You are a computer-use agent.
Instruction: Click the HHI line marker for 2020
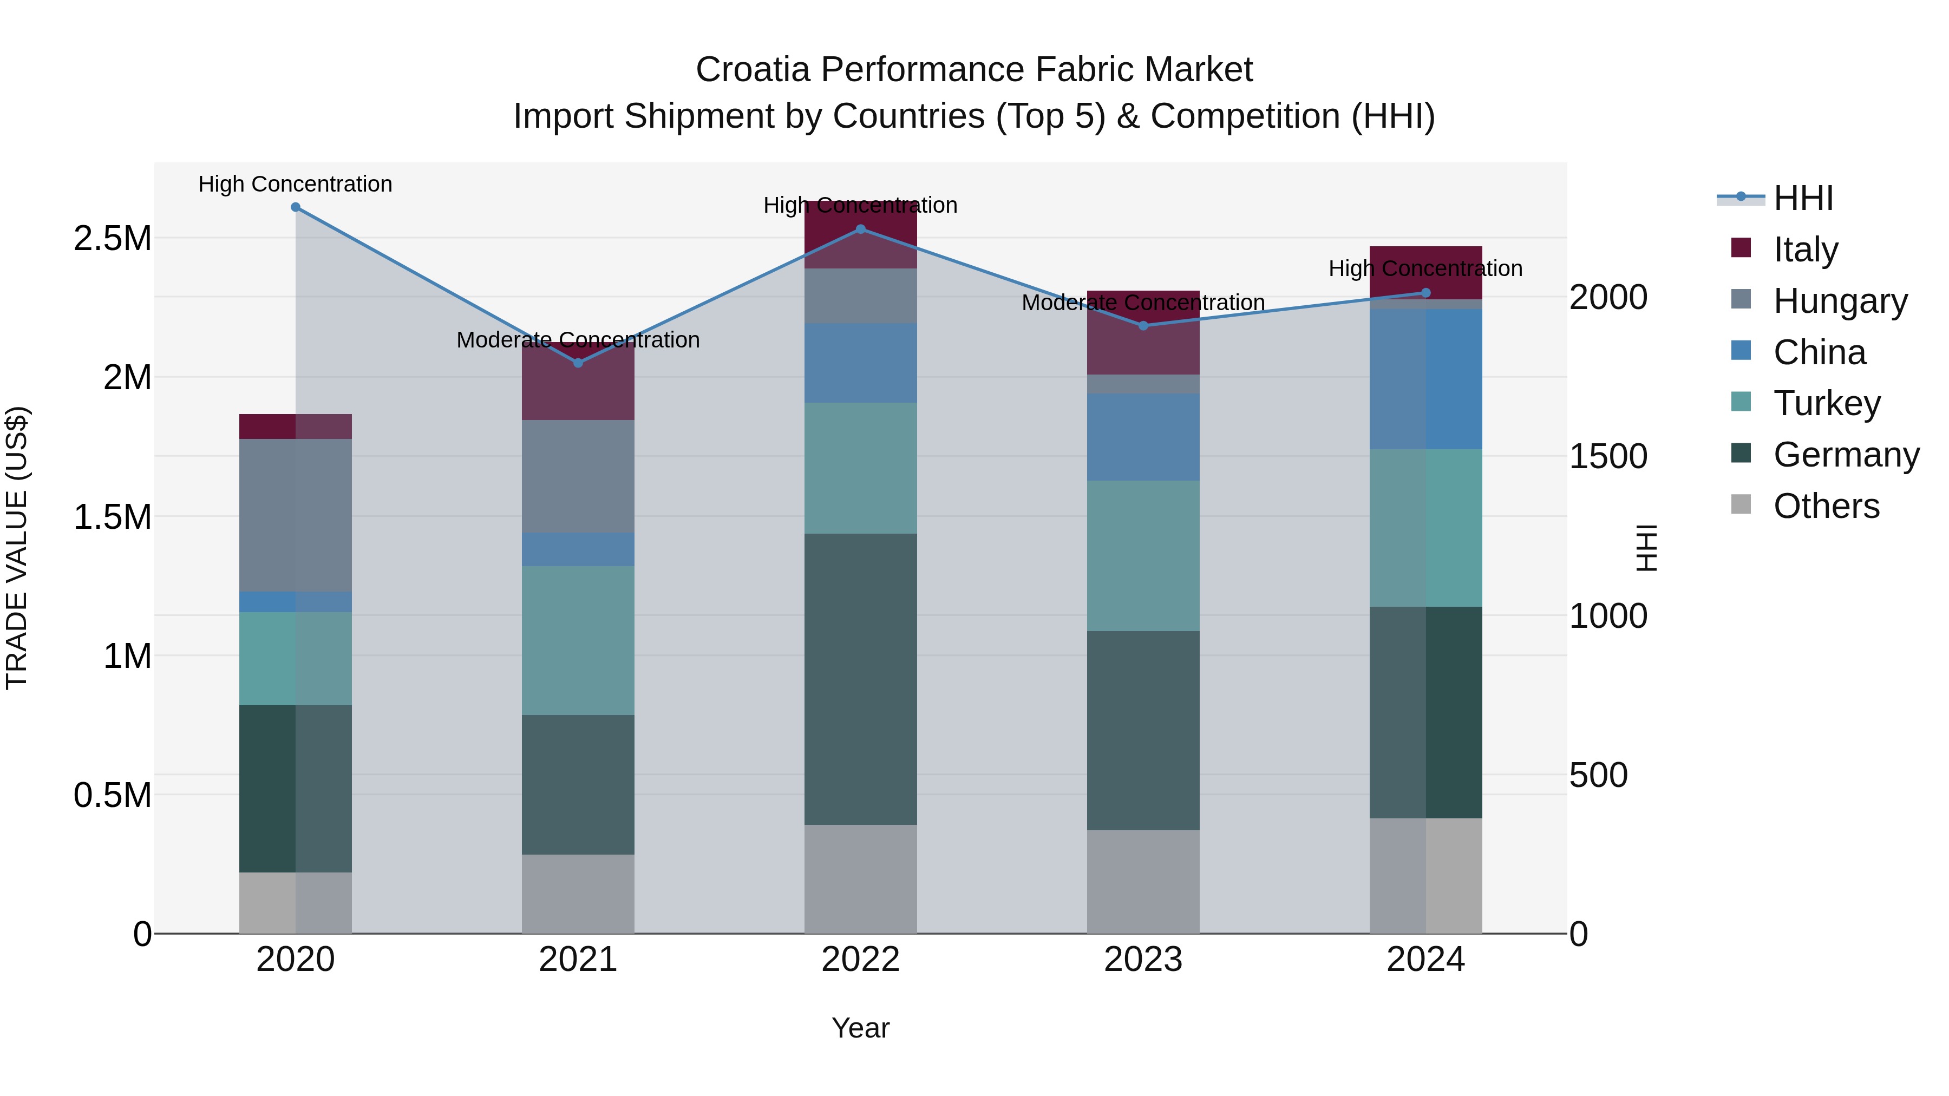click(x=295, y=207)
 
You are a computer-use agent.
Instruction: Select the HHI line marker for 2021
click(x=578, y=363)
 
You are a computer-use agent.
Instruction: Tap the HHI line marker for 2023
click(x=1143, y=326)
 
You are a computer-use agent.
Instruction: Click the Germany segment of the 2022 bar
click(x=860, y=679)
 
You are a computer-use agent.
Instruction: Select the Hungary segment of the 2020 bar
click(x=295, y=515)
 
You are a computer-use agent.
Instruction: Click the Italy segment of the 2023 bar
click(x=1143, y=332)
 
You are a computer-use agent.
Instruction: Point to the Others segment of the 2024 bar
click(x=1425, y=875)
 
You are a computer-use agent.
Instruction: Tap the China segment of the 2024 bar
click(x=1425, y=378)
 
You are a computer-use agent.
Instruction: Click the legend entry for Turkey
click(x=1826, y=403)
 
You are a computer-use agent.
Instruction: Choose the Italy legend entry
click(x=1804, y=250)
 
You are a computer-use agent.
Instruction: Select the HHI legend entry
click(x=1802, y=198)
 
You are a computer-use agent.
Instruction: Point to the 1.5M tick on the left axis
click(x=112, y=517)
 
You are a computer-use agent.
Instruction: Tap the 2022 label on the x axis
click(x=860, y=960)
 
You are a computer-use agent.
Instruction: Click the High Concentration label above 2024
click(x=1425, y=268)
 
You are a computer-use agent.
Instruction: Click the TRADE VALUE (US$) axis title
click(x=17, y=548)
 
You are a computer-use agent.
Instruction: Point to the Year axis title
click(x=860, y=1028)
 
